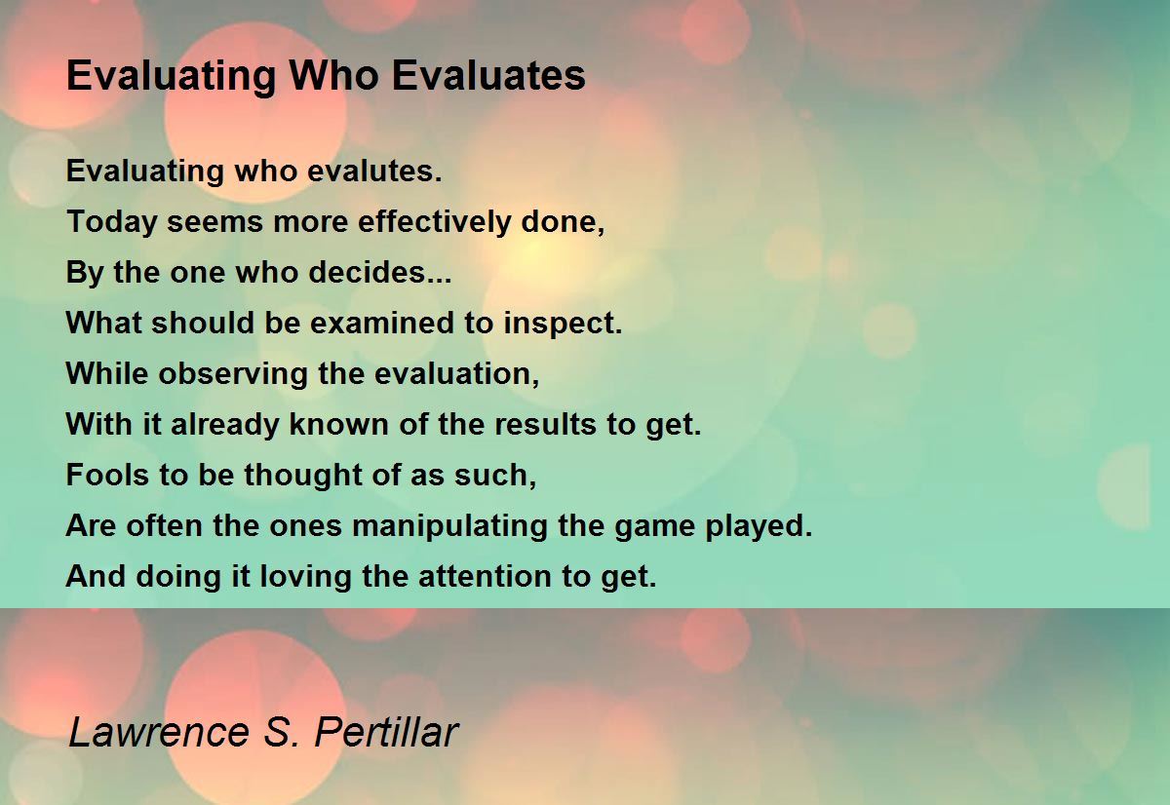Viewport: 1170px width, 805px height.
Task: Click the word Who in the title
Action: (x=334, y=76)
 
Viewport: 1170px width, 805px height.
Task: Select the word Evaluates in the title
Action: (x=488, y=76)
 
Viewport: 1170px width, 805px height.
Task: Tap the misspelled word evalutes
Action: (x=374, y=171)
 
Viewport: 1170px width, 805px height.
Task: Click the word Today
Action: (x=112, y=222)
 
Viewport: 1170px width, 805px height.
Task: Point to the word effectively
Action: (x=434, y=221)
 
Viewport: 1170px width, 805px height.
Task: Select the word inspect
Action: (x=563, y=324)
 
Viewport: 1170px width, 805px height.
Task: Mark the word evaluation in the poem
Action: (x=456, y=374)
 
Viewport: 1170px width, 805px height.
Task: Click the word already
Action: (x=225, y=424)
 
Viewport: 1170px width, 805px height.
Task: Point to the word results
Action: (x=545, y=424)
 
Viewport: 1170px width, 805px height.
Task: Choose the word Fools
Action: (x=107, y=475)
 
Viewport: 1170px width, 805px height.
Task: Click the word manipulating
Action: (x=449, y=526)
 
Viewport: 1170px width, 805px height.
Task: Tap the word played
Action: (x=759, y=526)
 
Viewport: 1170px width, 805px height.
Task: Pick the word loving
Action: (x=305, y=577)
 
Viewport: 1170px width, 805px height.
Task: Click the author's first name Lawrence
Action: (x=159, y=731)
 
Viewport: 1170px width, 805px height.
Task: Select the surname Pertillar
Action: (x=386, y=731)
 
